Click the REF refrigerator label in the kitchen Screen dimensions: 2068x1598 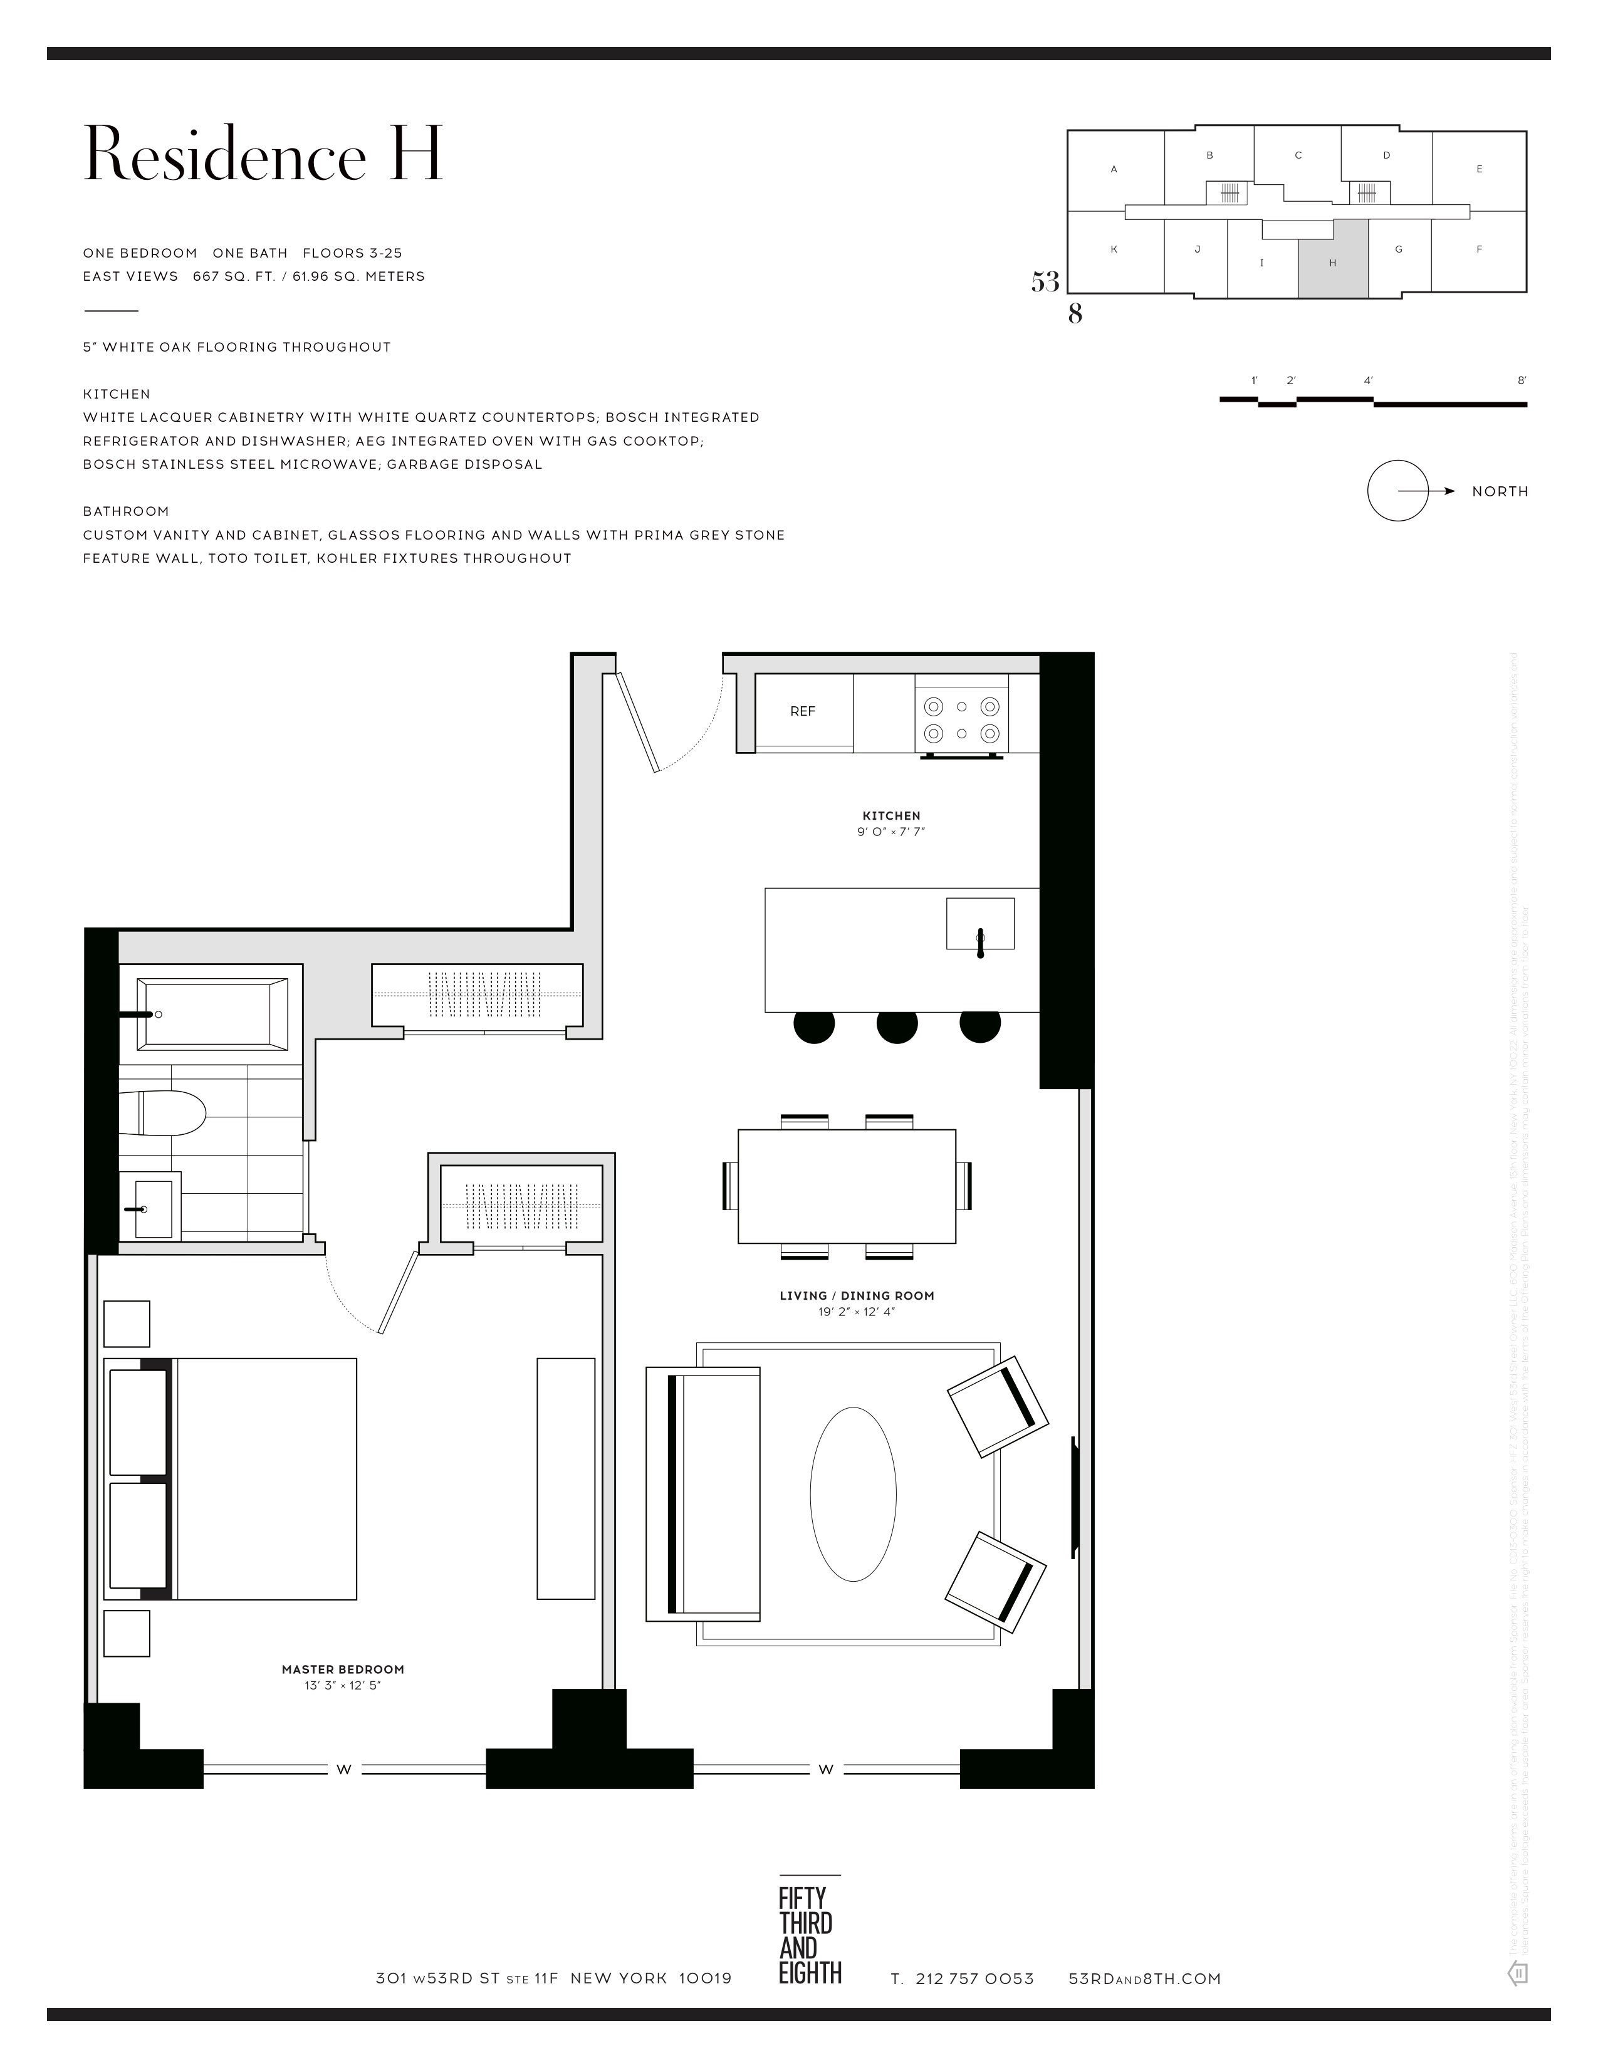[802, 711]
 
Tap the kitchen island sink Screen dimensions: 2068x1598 [980, 923]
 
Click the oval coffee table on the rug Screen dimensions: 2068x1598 [853, 1494]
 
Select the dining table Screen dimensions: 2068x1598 [847, 1186]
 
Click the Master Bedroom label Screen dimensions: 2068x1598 [343, 1669]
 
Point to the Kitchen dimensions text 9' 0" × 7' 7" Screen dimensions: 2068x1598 [891, 832]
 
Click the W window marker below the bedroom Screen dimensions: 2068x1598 [343, 1769]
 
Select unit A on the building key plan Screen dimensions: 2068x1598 [1114, 169]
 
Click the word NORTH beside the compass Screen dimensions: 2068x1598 [1500, 491]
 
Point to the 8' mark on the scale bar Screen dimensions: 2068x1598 [1522, 380]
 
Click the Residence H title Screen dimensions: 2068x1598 [263, 154]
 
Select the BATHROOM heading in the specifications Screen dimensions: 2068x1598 [126, 511]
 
